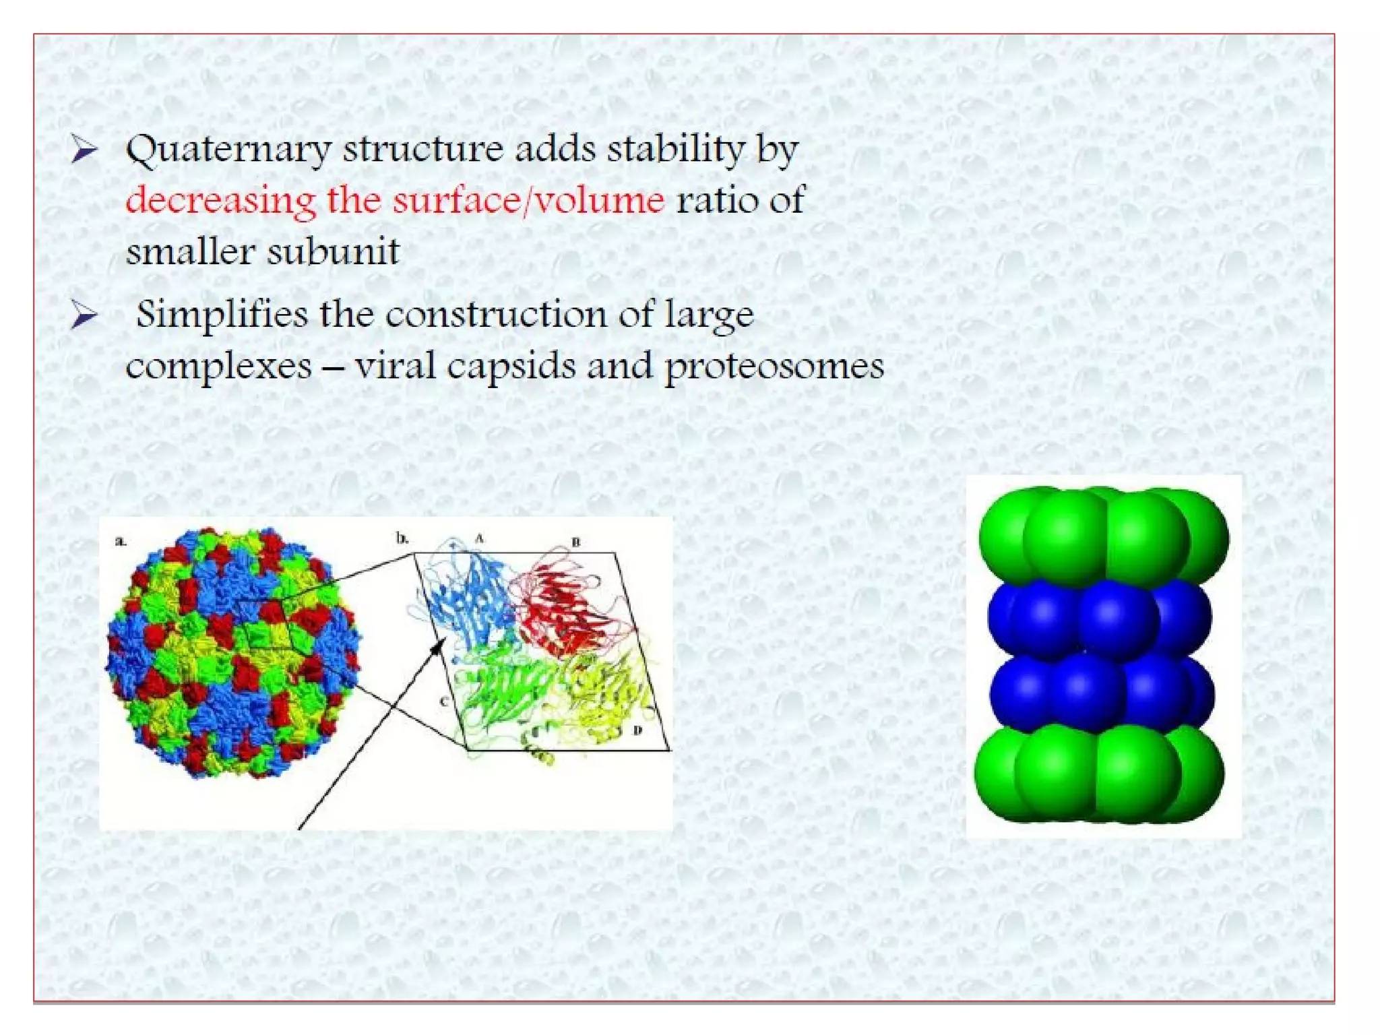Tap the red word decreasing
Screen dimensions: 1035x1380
pos(220,200)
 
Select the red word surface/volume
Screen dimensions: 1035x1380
pos(529,200)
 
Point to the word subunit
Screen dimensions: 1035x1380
pos(333,252)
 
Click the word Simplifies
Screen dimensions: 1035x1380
pos(222,315)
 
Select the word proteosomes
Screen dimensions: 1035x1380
pos(774,367)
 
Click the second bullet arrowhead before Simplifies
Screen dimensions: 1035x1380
pos(85,315)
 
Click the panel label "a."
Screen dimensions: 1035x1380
pos(121,540)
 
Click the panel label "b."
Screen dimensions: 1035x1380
pos(402,538)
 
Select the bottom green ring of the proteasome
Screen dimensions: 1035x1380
pos(1100,775)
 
